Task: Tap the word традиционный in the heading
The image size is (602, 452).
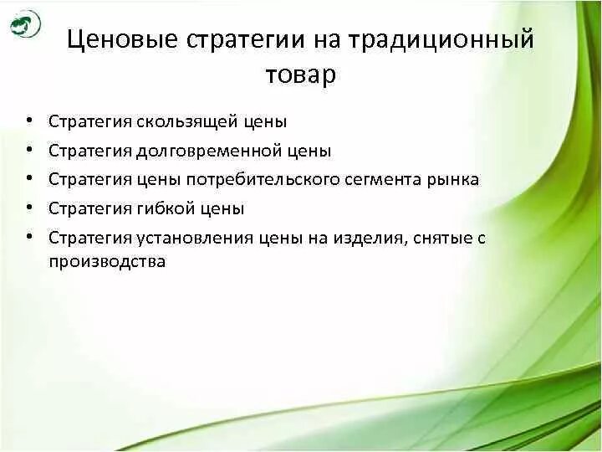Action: [x=437, y=41]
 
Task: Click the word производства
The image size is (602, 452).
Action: [x=107, y=261]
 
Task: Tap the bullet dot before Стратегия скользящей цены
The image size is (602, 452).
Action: [x=29, y=121]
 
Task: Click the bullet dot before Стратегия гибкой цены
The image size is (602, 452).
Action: [x=29, y=208]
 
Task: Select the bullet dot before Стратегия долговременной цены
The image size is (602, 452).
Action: [x=29, y=150]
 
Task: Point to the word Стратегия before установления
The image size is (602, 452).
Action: [x=88, y=238]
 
